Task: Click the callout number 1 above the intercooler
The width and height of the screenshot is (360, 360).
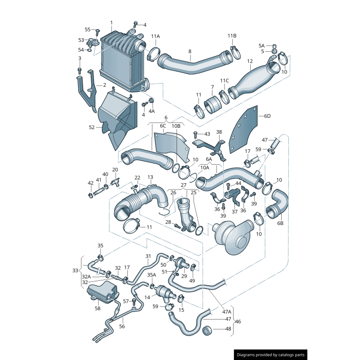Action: pos(111,22)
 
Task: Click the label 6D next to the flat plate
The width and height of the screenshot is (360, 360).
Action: pos(267,116)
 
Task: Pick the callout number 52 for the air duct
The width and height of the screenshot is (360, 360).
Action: pos(92,127)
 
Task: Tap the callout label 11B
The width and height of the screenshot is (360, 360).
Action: pos(232,36)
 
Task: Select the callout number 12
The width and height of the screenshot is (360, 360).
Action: pos(250,61)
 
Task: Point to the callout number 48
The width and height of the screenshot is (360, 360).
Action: pos(228,328)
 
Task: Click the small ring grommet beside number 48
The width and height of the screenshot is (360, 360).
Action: pos(207,330)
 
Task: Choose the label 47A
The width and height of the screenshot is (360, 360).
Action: pos(226,311)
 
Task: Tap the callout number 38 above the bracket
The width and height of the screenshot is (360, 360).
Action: pos(219,132)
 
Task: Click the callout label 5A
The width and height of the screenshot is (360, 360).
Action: pos(261,45)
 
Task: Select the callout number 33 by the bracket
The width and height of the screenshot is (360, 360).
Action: pos(75,270)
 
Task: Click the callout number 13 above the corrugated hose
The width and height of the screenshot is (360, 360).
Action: pos(150,177)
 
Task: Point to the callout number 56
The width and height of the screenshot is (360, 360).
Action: pos(122,327)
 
